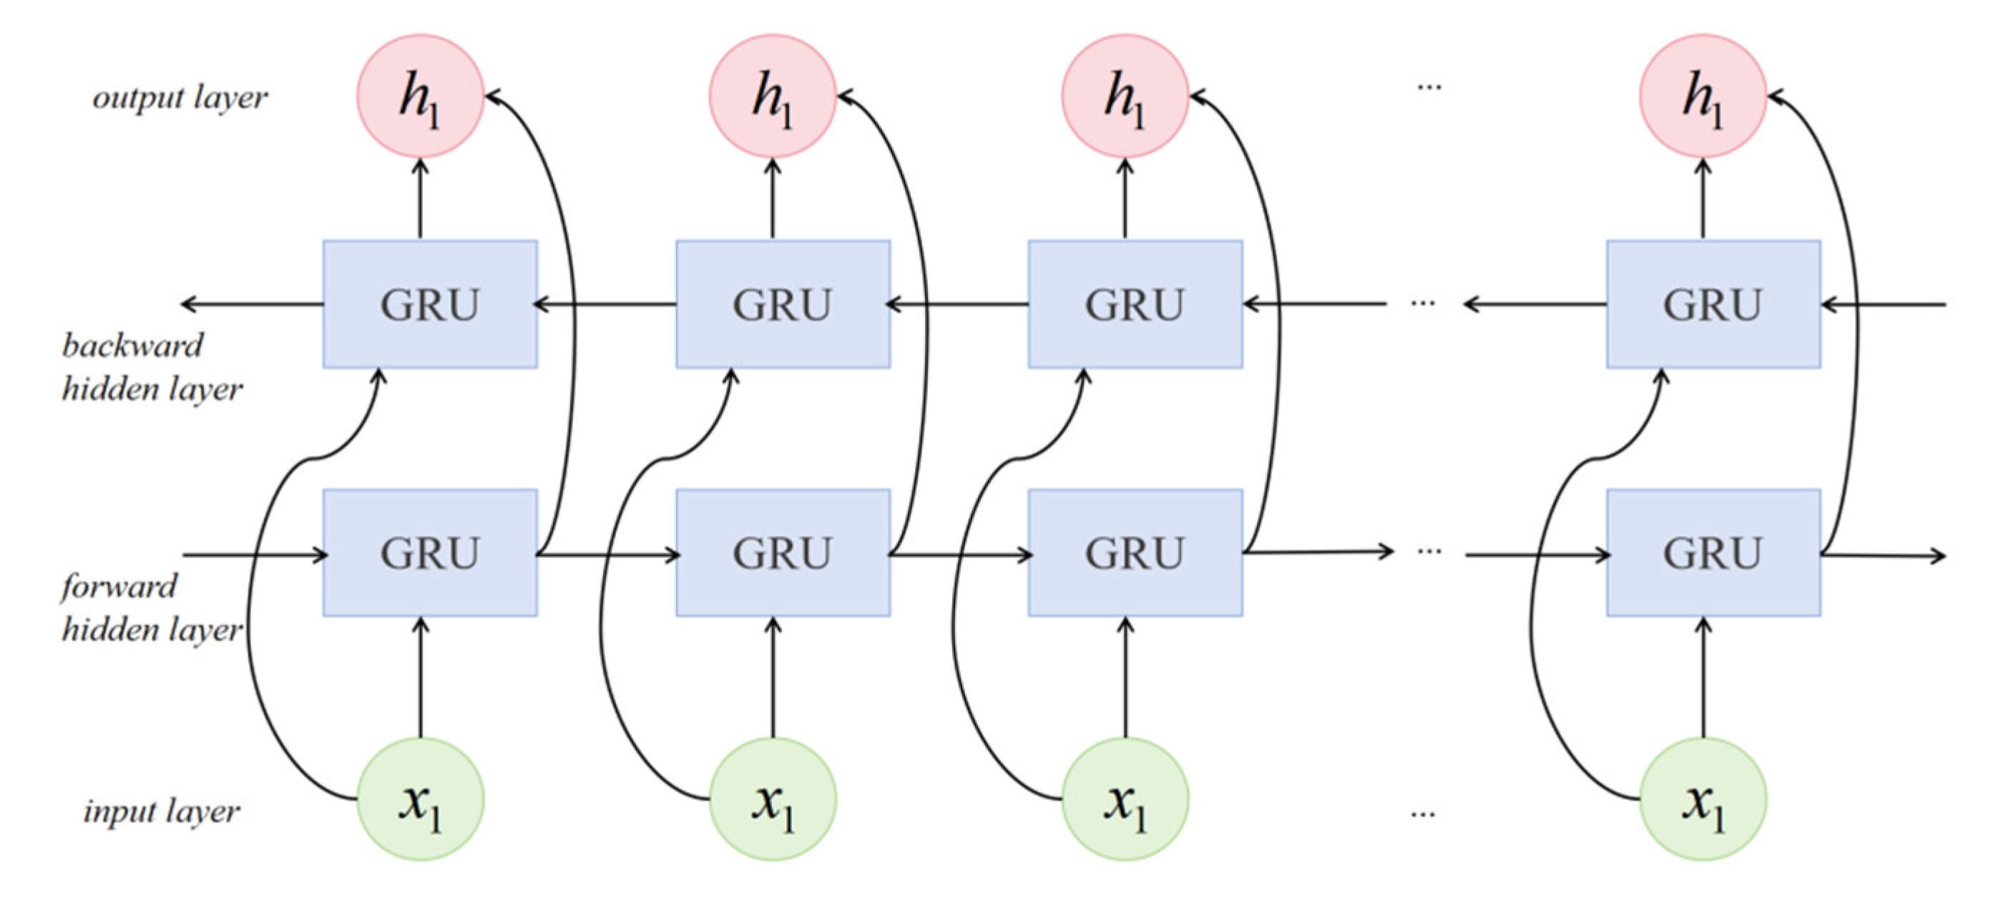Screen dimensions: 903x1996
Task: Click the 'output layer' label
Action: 180,97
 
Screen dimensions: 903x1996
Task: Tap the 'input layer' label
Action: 161,811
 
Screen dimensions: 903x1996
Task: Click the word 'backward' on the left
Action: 132,346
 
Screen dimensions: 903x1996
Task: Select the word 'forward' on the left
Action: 119,587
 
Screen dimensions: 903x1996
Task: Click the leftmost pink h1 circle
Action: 420,96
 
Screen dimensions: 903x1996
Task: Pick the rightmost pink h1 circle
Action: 1703,96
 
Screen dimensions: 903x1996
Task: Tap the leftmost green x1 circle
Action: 420,799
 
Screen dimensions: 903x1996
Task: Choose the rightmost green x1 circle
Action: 1703,799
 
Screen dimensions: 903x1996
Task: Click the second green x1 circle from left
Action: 773,799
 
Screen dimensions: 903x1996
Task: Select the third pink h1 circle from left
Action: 1125,96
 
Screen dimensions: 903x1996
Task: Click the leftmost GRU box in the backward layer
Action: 430,304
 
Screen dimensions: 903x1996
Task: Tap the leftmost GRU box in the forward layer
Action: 430,552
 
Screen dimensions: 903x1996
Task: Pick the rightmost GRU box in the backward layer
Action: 1713,304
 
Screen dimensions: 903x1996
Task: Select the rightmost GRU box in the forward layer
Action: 1713,552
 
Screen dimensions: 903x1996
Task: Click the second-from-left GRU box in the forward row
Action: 783,552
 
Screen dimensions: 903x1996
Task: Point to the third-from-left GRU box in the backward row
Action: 1135,304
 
